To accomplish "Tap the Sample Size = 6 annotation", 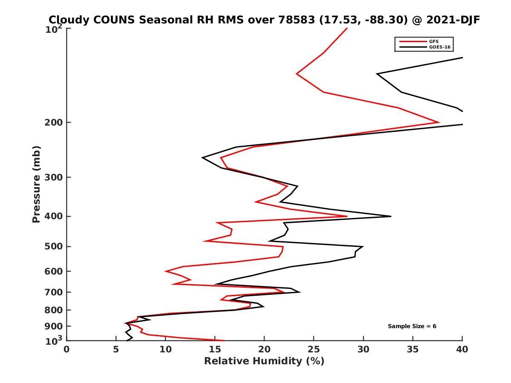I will [x=412, y=326].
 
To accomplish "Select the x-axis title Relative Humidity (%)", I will [x=264, y=362].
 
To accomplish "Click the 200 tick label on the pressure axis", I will [x=53, y=123].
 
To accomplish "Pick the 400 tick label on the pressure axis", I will [x=53, y=216].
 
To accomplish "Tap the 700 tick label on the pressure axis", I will [x=53, y=292].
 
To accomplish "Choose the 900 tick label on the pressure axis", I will [x=53, y=326].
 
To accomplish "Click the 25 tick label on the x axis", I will [x=314, y=350].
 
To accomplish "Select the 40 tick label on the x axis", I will [x=462, y=350].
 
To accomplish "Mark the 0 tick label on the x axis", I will [x=66, y=350].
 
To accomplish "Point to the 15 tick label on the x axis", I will [x=215, y=350].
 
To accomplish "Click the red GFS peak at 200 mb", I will [x=439, y=123].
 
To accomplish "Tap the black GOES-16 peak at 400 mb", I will [x=390, y=216].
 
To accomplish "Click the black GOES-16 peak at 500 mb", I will [x=362, y=246].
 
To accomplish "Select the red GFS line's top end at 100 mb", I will [x=347, y=28].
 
